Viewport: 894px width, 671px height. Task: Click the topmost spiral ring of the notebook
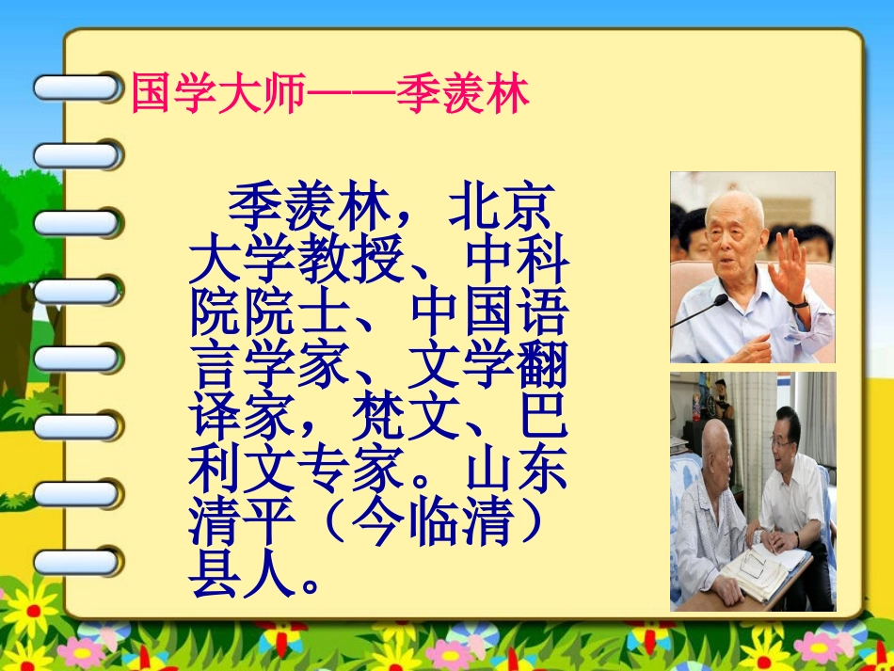click(77, 88)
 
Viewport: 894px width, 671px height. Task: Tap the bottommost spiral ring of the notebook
click(77, 562)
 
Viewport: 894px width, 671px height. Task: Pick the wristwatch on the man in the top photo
click(799, 302)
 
